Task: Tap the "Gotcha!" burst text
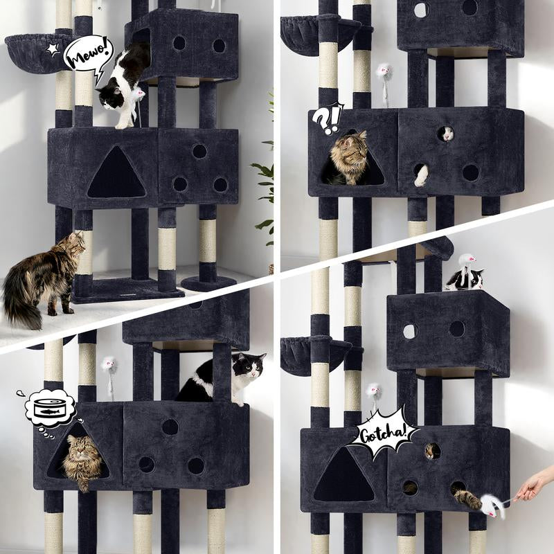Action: tap(383, 436)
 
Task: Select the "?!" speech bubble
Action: tap(327, 118)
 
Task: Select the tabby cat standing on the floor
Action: tap(42, 277)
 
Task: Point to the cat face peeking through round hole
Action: tap(447, 133)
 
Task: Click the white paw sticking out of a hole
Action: tap(420, 175)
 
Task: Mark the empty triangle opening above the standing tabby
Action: tap(116, 173)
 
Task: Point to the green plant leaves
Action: tap(265, 180)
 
